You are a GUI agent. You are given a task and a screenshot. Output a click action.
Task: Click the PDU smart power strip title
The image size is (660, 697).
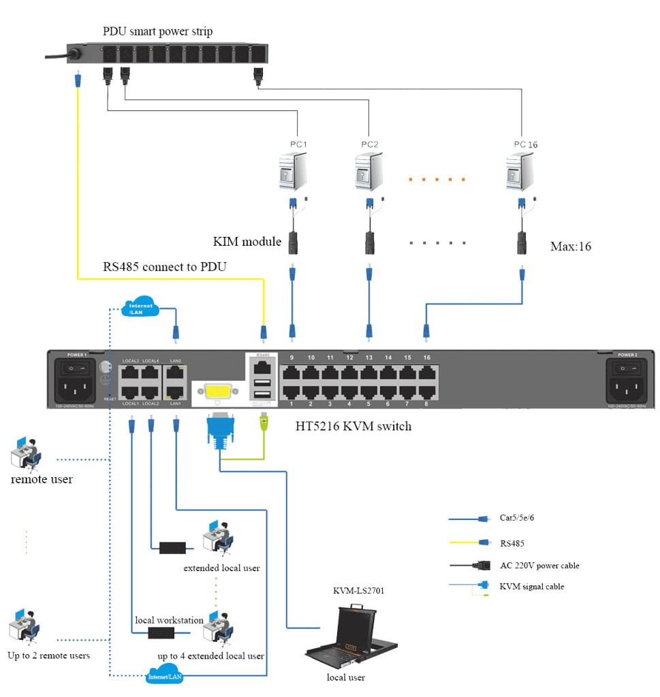[x=157, y=32]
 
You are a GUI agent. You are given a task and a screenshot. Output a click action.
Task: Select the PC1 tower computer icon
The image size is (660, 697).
[x=294, y=172]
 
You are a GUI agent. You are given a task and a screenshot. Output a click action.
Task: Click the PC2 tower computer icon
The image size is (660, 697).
[x=369, y=172]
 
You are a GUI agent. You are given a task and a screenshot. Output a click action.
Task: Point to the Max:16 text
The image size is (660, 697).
[x=571, y=246]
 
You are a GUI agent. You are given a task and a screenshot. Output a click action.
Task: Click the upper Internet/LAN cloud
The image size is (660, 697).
[x=140, y=309]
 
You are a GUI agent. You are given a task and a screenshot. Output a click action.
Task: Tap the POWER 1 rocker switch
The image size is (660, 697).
[x=76, y=368]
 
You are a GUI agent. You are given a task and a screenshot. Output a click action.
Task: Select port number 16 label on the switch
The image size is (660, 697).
[x=426, y=358]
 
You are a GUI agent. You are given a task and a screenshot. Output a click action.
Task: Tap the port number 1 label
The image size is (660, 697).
[x=292, y=404]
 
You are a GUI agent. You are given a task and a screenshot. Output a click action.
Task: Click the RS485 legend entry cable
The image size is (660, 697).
[x=469, y=542]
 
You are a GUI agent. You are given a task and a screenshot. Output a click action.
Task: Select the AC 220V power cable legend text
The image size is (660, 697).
[x=539, y=566]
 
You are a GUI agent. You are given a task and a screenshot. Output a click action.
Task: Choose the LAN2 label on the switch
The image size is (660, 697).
[x=176, y=360]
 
